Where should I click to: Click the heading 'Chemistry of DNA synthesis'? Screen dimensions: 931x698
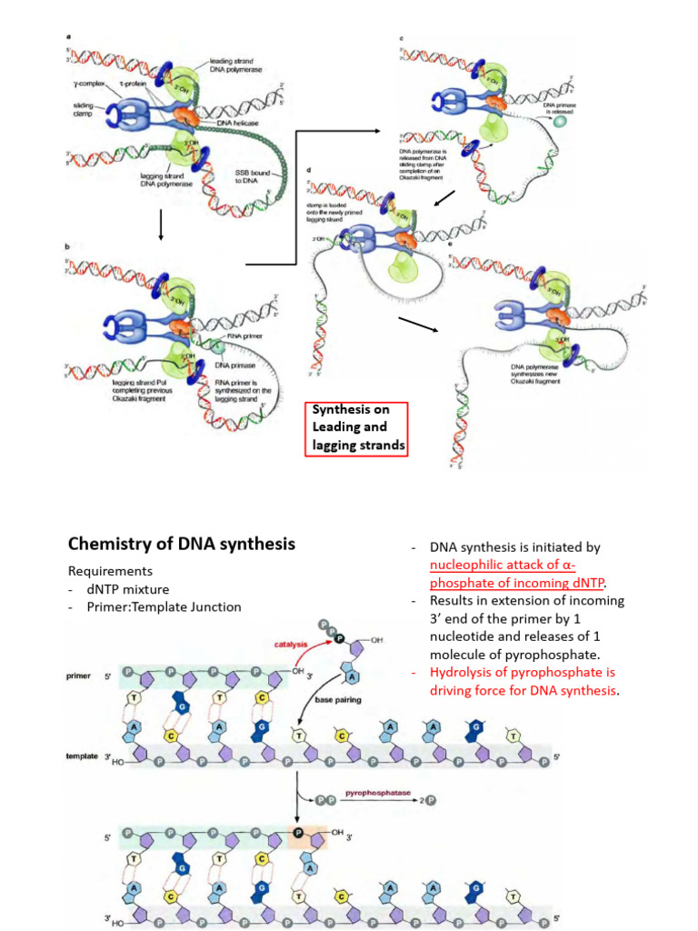182,544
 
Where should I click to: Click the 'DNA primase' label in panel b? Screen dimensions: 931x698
234,365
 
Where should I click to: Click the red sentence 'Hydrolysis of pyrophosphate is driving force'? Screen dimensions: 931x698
522,681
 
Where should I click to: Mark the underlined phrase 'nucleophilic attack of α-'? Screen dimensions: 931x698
509,566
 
